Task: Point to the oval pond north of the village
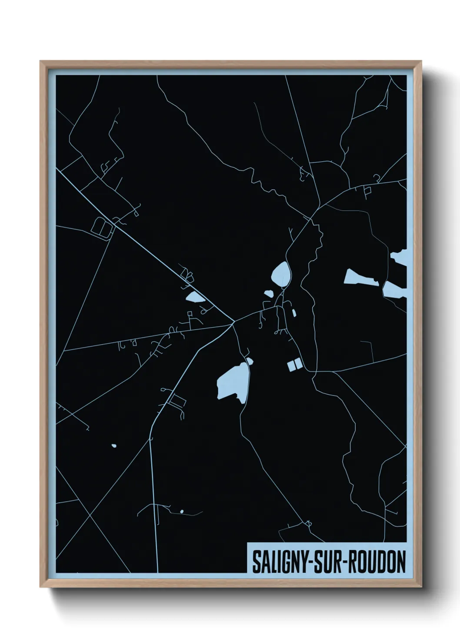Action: tap(280, 273)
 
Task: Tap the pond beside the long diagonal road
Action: tap(194, 298)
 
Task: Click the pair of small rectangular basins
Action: tap(294, 365)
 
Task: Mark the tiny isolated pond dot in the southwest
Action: tap(114, 446)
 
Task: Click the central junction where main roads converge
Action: tap(233, 322)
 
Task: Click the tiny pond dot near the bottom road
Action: tap(182, 511)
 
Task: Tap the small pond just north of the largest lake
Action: tap(250, 360)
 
